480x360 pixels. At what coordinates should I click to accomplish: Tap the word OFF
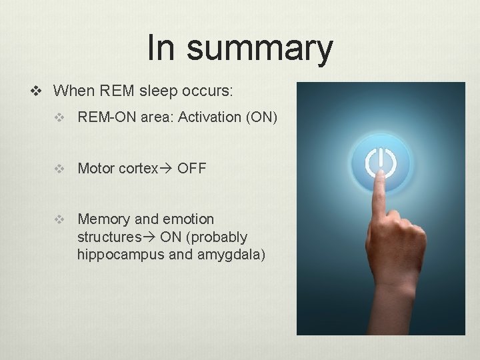[192, 169]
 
